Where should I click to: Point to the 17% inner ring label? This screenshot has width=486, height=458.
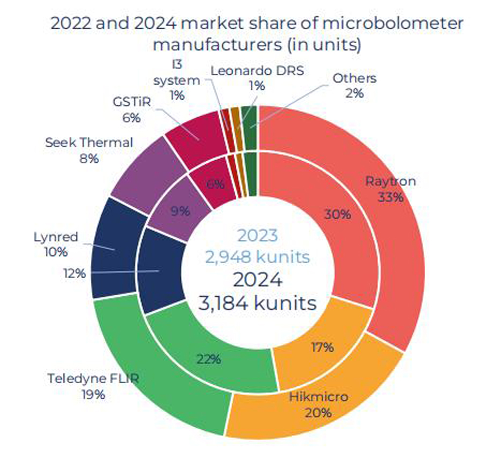[x=322, y=347]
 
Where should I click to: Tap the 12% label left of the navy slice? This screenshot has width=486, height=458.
[x=74, y=273]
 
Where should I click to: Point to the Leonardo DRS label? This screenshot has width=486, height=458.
[x=257, y=70]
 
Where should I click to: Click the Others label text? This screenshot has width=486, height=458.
[x=354, y=78]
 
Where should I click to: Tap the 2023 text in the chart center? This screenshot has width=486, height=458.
[x=257, y=236]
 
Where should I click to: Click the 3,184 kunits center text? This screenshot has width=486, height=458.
[x=257, y=303]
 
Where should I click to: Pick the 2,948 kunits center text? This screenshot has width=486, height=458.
[x=257, y=257]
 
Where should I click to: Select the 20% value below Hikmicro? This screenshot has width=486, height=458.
[x=318, y=413]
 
